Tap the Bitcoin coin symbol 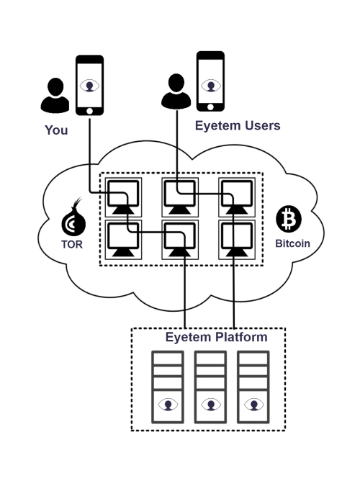(289, 219)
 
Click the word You (56, 130)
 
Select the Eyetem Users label (238, 125)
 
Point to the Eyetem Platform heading (216, 337)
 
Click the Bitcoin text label (292, 243)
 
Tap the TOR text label (72, 245)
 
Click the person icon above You (55, 95)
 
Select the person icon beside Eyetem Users (176, 91)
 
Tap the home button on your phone (89, 111)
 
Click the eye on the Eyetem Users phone (210, 85)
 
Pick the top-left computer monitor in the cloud (123, 197)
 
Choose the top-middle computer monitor (180, 197)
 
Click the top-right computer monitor (237, 197)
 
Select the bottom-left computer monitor (123, 240)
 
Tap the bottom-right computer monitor (237, 240)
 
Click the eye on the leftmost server (168, 405)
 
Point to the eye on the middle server (211, 405)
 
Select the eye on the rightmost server (254, 405)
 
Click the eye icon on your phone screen (89, 86)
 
